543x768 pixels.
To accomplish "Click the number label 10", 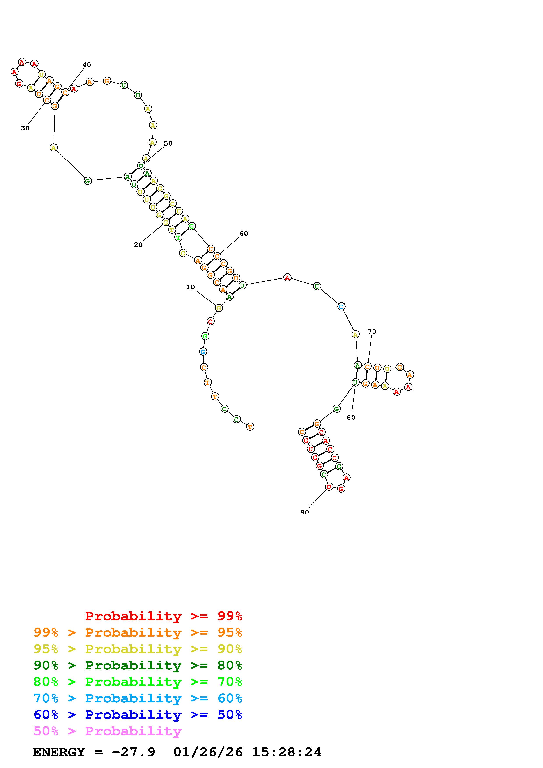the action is [190, 287].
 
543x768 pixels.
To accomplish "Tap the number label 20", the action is [138, 245].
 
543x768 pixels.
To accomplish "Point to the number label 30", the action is [25, 128].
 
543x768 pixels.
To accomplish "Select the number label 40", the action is [87, 65].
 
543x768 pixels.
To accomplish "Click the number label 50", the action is [168, 143].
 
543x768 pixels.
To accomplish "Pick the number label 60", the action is [244, 233].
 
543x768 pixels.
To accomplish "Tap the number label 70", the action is [372, 332].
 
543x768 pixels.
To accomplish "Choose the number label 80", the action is [351, 417].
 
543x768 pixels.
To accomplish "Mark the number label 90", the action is [305, 512].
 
